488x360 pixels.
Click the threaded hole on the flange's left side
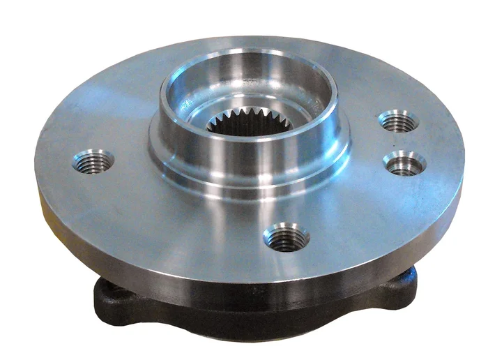point(93,162)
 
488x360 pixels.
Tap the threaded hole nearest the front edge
point(287,237)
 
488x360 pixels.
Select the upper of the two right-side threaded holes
point(399,121)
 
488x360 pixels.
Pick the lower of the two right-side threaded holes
point(404,163)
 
